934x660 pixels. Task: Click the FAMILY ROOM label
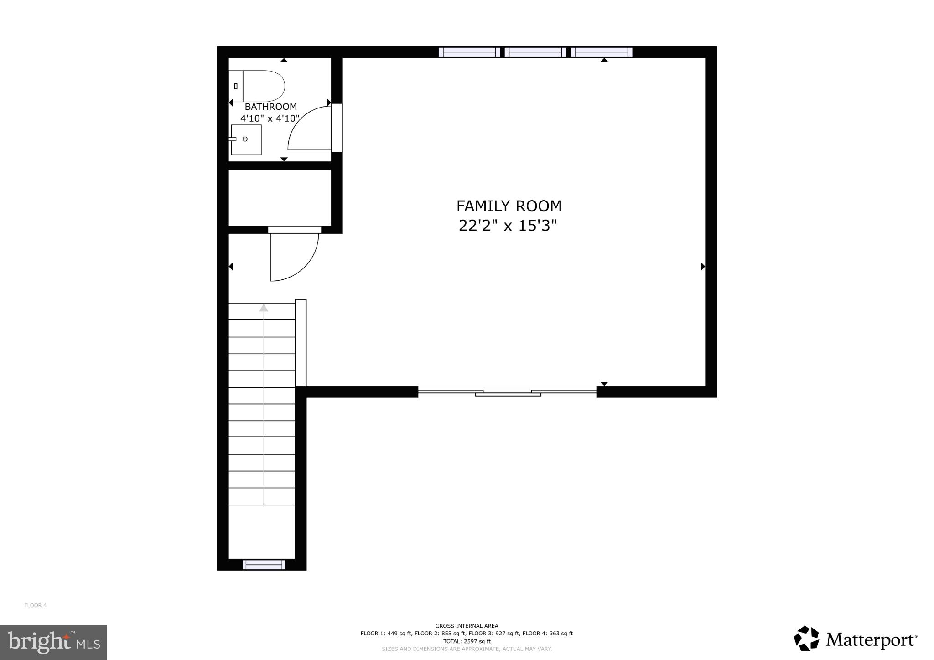click(509, 206)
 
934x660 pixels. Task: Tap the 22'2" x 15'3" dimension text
click(508, 226)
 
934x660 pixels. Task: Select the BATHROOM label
click(270, 107)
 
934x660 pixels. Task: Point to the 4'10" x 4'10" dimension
click(270, 119)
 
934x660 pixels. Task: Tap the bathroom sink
click(246, 139)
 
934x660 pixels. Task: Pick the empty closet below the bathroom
click(280, 197)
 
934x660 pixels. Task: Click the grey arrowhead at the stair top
click(264, 308)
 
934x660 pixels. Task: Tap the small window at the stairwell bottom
click(264, 565)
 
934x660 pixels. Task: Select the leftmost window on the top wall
click(469, 52)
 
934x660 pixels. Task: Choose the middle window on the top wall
click(535, 52)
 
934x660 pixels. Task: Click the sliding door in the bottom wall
click(508, 392)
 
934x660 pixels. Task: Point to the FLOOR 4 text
click(35, 605)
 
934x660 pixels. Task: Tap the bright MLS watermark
click(53, 642)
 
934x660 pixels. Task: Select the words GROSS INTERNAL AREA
click(467, 626)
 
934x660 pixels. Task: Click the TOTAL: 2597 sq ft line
click(467, 641)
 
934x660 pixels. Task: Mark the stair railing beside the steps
click(301, 343)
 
